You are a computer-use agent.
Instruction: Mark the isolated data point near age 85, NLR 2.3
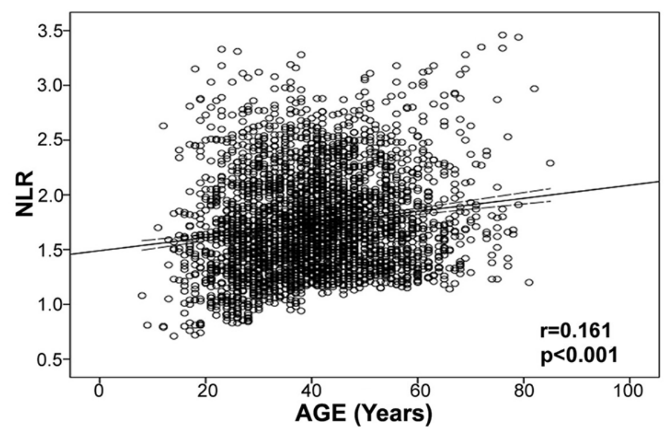(550, 163)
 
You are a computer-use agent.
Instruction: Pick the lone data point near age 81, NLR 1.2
(529, 282)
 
